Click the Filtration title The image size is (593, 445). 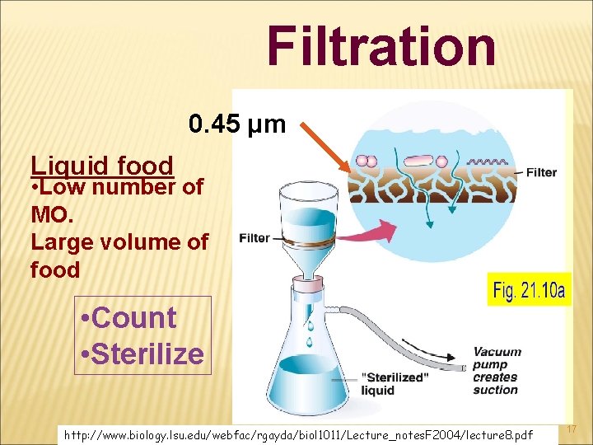coord(381,46)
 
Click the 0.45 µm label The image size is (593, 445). coord(236,124)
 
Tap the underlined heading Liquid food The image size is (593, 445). coord(101,166)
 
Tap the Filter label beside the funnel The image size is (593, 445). coord(254,238)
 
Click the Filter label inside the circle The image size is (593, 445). coord(541,173)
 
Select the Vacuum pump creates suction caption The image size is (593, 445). coord(497,370)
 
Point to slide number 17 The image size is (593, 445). coord(572,430)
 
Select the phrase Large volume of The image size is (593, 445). coord(119,242)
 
